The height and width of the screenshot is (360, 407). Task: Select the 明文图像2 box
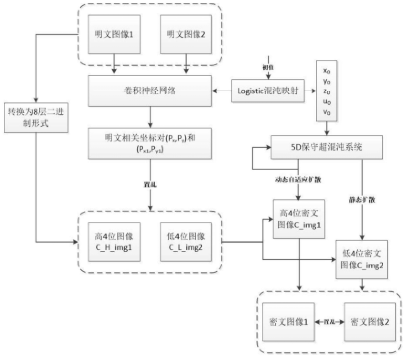click(186, 34)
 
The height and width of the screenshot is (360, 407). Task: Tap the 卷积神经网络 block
click(151, 90)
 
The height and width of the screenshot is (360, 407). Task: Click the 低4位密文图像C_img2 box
click(362, 259)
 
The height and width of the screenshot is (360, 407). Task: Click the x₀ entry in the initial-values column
click(327, 71)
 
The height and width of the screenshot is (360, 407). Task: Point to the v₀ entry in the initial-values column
click(327, 112)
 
